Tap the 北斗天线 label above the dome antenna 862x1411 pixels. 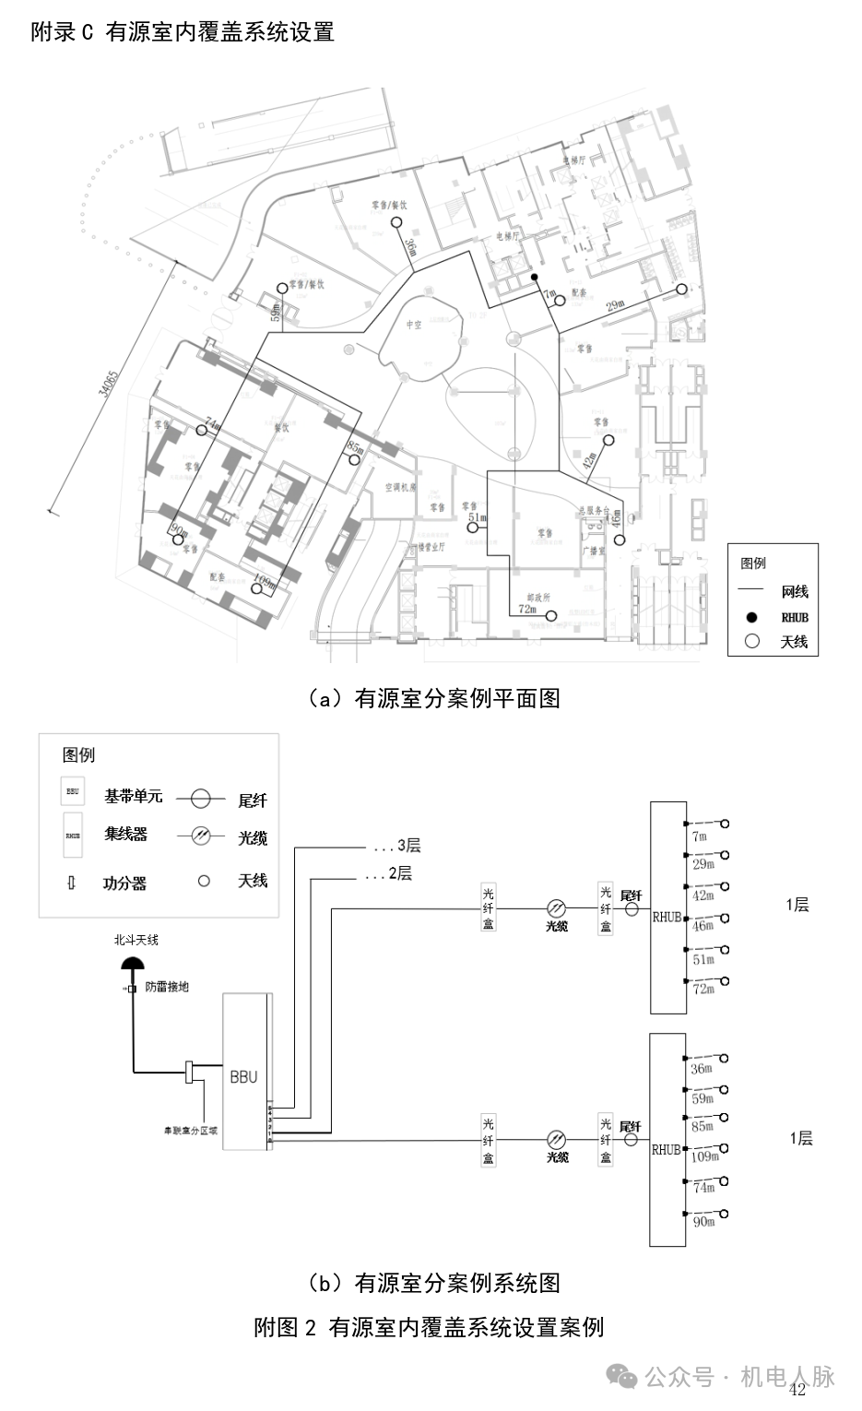coord(136,940)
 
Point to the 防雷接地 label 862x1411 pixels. coord(167,987)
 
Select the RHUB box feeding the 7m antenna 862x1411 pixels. coord(667,907)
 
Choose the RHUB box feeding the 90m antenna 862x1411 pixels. coord(667,1141)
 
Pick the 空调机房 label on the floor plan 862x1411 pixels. coord(401,486)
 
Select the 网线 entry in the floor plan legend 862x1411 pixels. coord(794,592)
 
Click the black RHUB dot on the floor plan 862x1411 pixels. coord(534,277)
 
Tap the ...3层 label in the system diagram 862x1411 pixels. coord(397,846)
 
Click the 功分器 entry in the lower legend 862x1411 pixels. coord(124,883)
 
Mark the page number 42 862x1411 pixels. coord(797,1390)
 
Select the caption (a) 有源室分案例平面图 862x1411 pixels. coord(433,698)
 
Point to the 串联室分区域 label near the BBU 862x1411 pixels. coord(190,1129)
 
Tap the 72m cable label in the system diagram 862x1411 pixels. coord(703,989)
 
